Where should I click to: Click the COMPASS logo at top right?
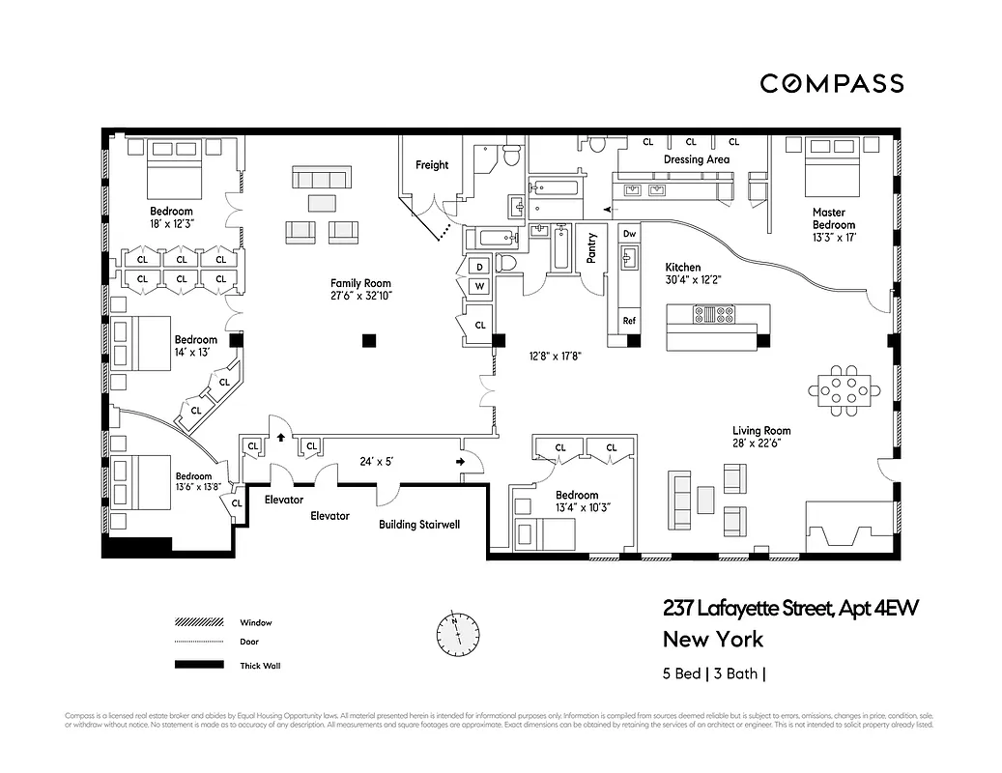[831, 83]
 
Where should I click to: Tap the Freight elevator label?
[432, 165]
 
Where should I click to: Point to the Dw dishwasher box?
[629, 234]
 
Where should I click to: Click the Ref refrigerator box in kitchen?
[629, 321]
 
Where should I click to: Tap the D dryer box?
[478, 267]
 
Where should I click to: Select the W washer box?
[478, 285]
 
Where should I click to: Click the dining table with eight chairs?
[845, 389]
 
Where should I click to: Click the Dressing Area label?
[696, 159]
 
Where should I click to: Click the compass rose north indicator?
[457, 633]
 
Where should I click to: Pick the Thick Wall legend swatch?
[198, 665]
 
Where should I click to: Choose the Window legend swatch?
[198, 622]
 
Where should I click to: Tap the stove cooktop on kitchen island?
[716, 313]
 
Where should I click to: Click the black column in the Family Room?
[368, 339]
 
